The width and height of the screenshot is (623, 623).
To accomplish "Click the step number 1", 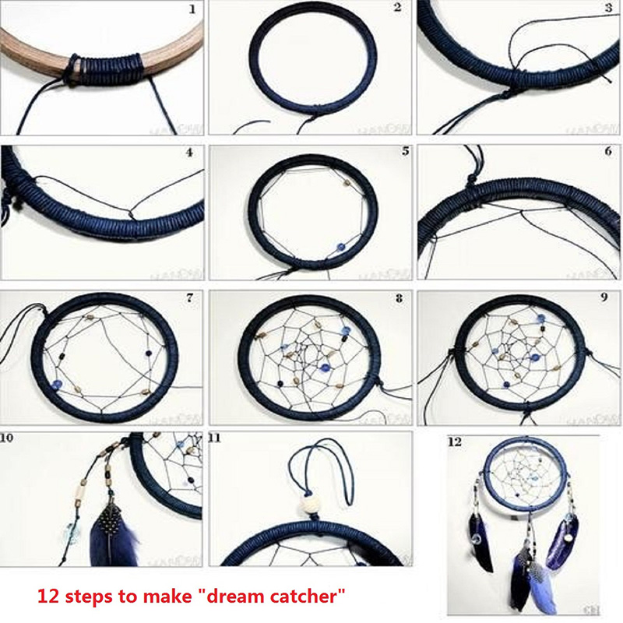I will tap(193, 10).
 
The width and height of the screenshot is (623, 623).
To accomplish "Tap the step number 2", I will tap(397, 9).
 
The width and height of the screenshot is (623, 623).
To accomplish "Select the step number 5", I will tap(404, 150).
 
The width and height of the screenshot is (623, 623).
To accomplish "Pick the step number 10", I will tap(8, 438).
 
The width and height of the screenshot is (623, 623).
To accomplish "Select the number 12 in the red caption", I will tap(51, 597).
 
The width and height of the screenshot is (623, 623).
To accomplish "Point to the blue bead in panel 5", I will tap(340, 246).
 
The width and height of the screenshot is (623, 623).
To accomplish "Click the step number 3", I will tap(608, 9).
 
